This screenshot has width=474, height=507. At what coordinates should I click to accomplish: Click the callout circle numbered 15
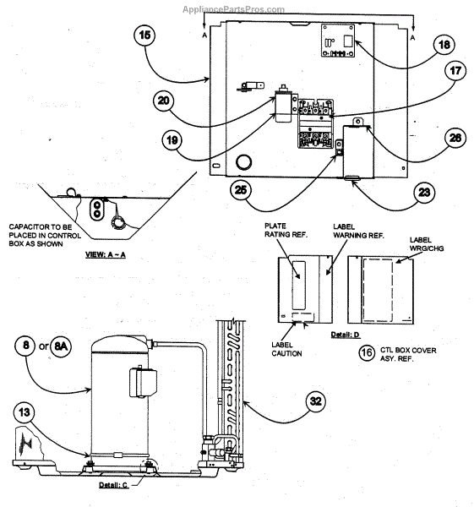tap(144, 35)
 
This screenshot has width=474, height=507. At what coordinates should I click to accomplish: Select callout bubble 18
tap(444, 45)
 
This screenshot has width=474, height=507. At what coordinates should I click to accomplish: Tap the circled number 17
tap(455, 71)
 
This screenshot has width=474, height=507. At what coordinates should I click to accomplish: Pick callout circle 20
tap(164, 101)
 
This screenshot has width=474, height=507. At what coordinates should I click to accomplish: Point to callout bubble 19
tap(172, 140)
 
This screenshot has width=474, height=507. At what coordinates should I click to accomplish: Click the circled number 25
tap(241, 190)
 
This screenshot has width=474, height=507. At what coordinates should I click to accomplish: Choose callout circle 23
tap(424, 193)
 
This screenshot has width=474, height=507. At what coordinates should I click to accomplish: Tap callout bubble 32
tap(315, 401)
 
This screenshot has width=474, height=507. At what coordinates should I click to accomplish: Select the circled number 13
tap(25, 413)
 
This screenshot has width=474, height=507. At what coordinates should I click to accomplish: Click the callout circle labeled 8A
tap(61, 346)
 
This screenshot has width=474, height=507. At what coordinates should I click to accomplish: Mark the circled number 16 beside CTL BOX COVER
tap(367, 352)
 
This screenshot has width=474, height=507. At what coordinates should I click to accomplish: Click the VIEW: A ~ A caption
tap(106, 255)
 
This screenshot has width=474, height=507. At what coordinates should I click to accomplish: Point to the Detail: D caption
tap(345, 335)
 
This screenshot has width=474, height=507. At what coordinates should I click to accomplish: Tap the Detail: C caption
tap(113, 485)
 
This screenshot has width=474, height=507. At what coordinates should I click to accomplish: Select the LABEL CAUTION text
tap(286, 349)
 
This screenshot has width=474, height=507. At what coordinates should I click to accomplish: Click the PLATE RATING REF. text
tap(286, 230)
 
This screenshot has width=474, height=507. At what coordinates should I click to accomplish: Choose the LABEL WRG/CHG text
tap(427, 244)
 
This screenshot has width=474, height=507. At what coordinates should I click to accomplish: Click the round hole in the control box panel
tap(243, 161)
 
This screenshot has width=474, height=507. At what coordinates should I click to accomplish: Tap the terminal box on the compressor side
tap(143, 382)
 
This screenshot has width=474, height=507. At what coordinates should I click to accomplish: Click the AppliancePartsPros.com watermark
tap(233, 9)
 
